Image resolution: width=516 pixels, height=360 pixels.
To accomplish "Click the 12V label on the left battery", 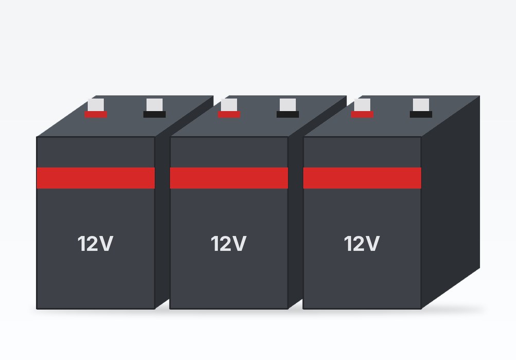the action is coord(96,243).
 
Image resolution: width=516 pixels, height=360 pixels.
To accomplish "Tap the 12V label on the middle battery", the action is coord(229,243).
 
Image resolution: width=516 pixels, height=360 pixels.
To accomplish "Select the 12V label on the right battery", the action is coord(362,243).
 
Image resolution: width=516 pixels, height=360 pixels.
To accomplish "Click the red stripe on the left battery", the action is coord(96,178).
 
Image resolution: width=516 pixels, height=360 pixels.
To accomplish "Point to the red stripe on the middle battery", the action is coord(229,178).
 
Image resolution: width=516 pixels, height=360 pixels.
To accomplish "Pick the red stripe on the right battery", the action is coord(362,178).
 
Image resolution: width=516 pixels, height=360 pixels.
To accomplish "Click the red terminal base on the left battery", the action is coord(96,115).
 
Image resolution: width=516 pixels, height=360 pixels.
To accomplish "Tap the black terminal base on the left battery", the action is coord(155,115).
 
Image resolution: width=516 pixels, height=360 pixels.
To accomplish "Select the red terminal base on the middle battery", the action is coord(229,115).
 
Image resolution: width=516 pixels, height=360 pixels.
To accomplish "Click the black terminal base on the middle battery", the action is coord(288,115).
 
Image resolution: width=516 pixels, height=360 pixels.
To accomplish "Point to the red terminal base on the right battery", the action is coord(362,115).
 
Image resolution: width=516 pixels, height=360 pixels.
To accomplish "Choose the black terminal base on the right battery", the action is coord(421,115).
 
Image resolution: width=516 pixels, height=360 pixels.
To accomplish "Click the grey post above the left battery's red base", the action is coord(96,105).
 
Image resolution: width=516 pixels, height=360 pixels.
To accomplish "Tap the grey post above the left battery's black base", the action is coord(155,105).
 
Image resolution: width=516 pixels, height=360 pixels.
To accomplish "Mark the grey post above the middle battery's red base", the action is coord(229,105).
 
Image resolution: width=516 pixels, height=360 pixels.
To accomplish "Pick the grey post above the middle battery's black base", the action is coord(288,105).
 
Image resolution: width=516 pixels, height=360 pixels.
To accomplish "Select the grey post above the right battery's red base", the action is coord(362,105).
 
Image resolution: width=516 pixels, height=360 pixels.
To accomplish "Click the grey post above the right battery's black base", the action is coord(421,105).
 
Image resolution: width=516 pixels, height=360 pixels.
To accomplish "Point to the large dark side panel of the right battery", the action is coord(451,203).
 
